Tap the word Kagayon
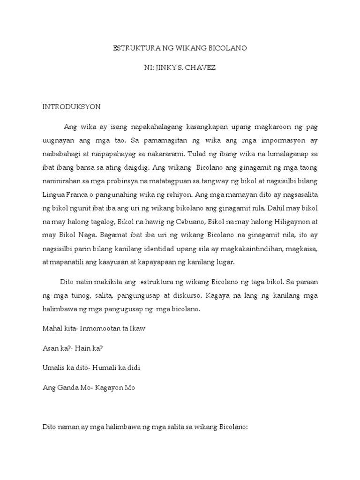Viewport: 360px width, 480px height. point(110,388)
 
